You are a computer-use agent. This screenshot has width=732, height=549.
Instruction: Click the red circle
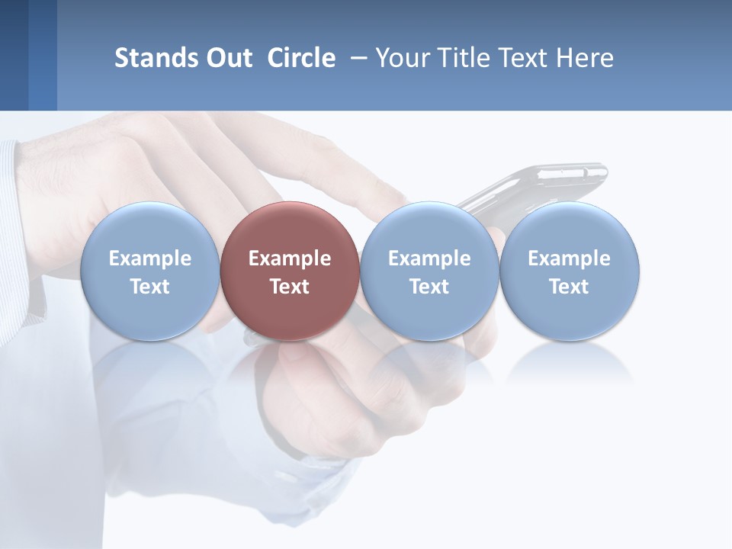coord(290,271)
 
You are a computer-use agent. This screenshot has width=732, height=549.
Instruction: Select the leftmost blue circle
coord(149,271)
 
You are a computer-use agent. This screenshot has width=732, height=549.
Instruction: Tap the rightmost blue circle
coord(569,271)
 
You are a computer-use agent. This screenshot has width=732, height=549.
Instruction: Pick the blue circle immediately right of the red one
coord(429,271)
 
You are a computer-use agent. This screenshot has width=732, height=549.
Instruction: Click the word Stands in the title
coord(157,58)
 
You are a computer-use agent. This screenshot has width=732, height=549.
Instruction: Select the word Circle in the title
coord(301,58)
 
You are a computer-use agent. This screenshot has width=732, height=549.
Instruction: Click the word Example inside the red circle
coord(290,258)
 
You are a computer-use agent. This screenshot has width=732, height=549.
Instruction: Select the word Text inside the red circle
coord(290,287)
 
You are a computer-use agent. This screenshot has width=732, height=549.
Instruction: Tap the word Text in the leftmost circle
coord(149,287)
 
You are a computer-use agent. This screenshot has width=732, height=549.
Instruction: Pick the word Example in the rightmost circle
coord(569,258)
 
